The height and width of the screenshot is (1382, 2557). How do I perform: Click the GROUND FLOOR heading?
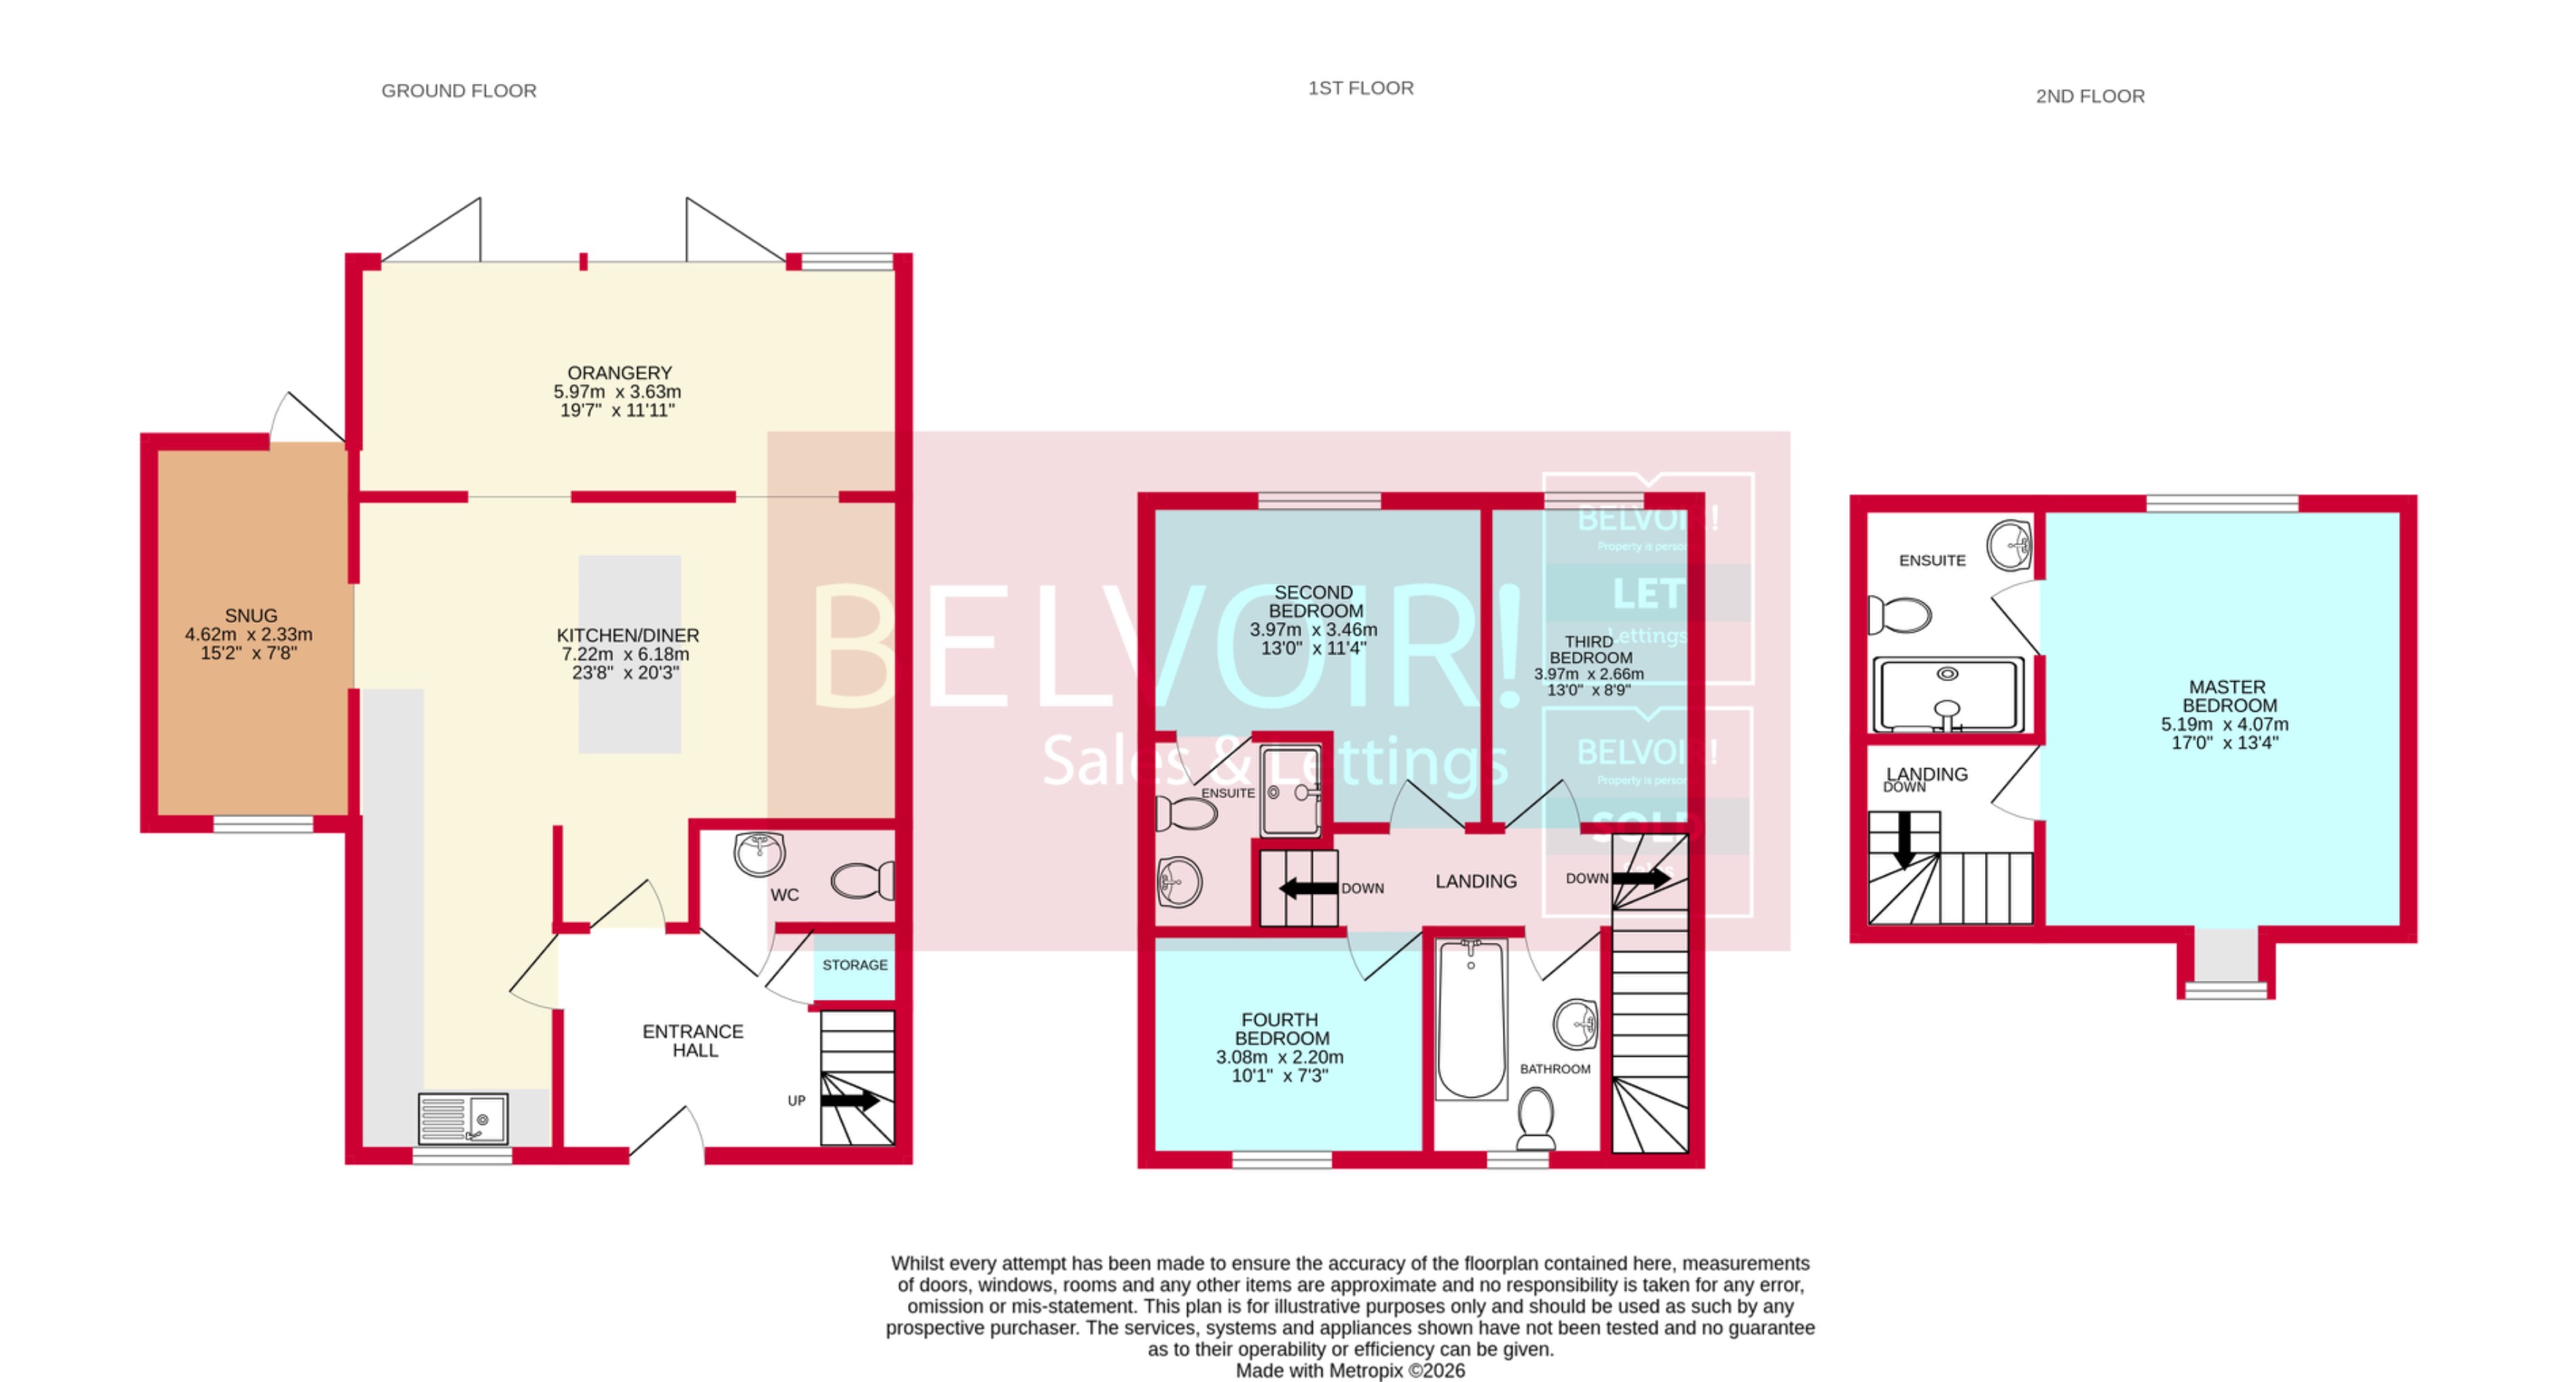[459, 91]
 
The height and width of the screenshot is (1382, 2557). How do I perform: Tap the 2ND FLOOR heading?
[2089, 96]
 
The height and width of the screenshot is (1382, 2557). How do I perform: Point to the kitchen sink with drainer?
[462, 1119]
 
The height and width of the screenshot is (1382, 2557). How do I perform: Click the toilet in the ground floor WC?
[861, 881]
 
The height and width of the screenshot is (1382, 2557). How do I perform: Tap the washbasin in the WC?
[759, 854]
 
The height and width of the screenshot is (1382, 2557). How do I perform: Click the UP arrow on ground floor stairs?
[850, 1100]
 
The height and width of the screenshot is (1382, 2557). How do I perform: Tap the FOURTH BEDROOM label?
[1281, 1028]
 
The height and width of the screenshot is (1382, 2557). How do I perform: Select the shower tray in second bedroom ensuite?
[1290, 791]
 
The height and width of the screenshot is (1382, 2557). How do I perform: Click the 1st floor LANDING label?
[1476, 881]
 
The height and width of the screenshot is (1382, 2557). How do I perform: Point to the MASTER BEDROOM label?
[2228, 696]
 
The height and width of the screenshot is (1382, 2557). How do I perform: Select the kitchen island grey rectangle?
[630, 653]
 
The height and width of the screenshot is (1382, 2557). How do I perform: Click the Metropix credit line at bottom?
[1350, 1371]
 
